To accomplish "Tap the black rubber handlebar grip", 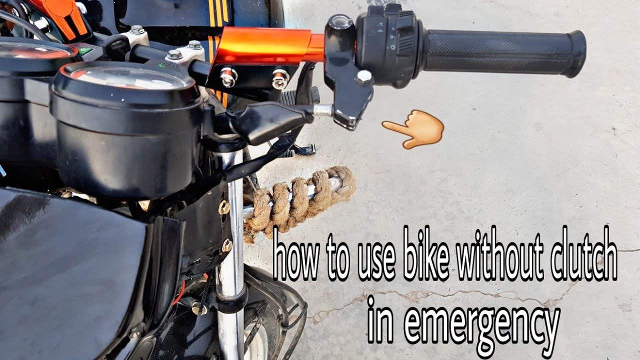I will (x=500, y=51).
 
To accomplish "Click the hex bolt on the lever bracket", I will (x=363, y=76).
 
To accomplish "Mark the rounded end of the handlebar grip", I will (x=577, y=53).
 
